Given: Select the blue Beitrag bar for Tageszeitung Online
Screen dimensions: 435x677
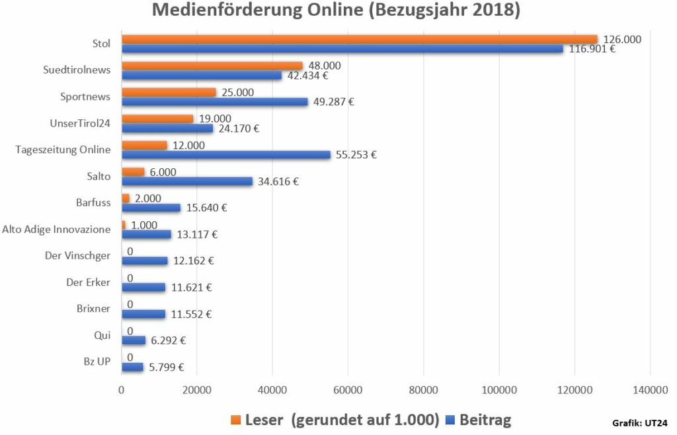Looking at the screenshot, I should pos(225,155).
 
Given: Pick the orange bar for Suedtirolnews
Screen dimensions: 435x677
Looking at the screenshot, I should pos(212,66).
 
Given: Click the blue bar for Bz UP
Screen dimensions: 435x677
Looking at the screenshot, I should pos(132,367).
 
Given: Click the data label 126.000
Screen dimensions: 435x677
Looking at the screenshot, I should pos(622,40).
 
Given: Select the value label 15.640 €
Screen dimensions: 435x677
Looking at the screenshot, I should pos(206,208).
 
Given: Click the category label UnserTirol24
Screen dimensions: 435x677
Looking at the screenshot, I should pos(80,123).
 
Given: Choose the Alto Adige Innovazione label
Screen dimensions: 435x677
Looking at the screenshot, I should pos(56,229).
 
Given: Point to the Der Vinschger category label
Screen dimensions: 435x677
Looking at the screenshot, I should pos(83,256).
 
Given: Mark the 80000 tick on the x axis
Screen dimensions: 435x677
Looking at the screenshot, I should pos(424,391).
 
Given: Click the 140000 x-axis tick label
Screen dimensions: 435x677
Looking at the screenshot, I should pos(650,391).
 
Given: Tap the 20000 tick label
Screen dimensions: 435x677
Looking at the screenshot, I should pos(197,391).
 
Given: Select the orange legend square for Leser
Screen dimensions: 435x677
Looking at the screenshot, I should pos(235,420).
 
